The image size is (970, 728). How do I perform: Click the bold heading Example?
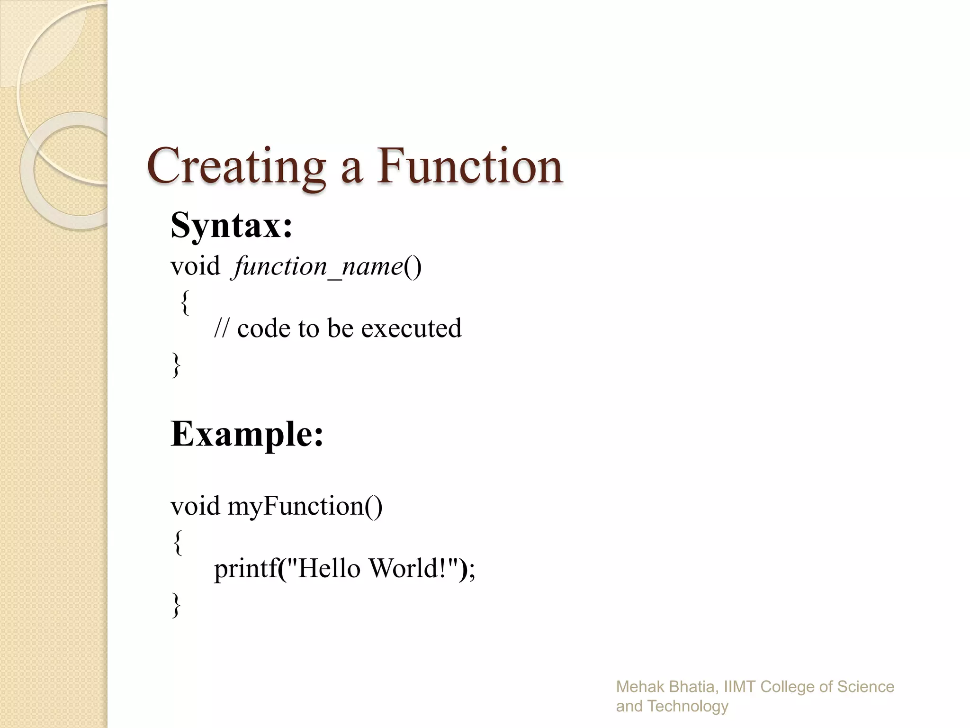coord(247,434)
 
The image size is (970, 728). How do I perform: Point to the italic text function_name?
coord(318,266)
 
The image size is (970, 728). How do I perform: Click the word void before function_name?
coord(195,266)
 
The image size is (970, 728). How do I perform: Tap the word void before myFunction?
coord(195,506)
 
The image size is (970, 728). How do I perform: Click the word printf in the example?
coord(245,568)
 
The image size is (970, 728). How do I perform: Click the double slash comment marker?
coord(221,328)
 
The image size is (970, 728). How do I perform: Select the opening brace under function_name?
coord(185,302)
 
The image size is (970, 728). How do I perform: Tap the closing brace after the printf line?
coord(176,604)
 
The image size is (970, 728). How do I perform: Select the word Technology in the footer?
coord(688,706)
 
